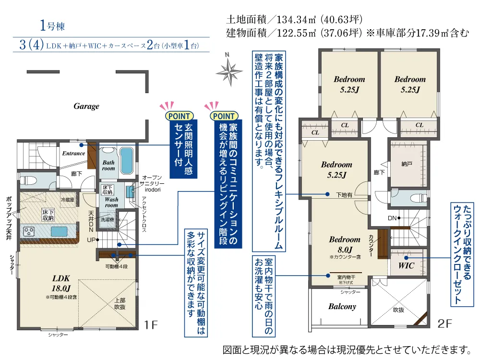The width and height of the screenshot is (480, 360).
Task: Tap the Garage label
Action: (86, 106)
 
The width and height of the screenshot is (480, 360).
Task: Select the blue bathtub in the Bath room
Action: (126, 161)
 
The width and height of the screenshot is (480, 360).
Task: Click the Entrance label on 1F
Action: (73, 154)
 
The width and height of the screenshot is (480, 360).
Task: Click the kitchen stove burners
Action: (29, 232)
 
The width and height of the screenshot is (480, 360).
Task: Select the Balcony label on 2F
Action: (342, 306)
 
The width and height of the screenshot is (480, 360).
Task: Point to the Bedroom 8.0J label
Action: (345, 244)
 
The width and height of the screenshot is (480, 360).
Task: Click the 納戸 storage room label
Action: (407, 164)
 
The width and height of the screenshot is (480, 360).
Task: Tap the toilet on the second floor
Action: (418, 198)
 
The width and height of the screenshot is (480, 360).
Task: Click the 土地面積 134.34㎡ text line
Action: (294, 20)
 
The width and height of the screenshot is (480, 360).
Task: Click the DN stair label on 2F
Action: (392, 218)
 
